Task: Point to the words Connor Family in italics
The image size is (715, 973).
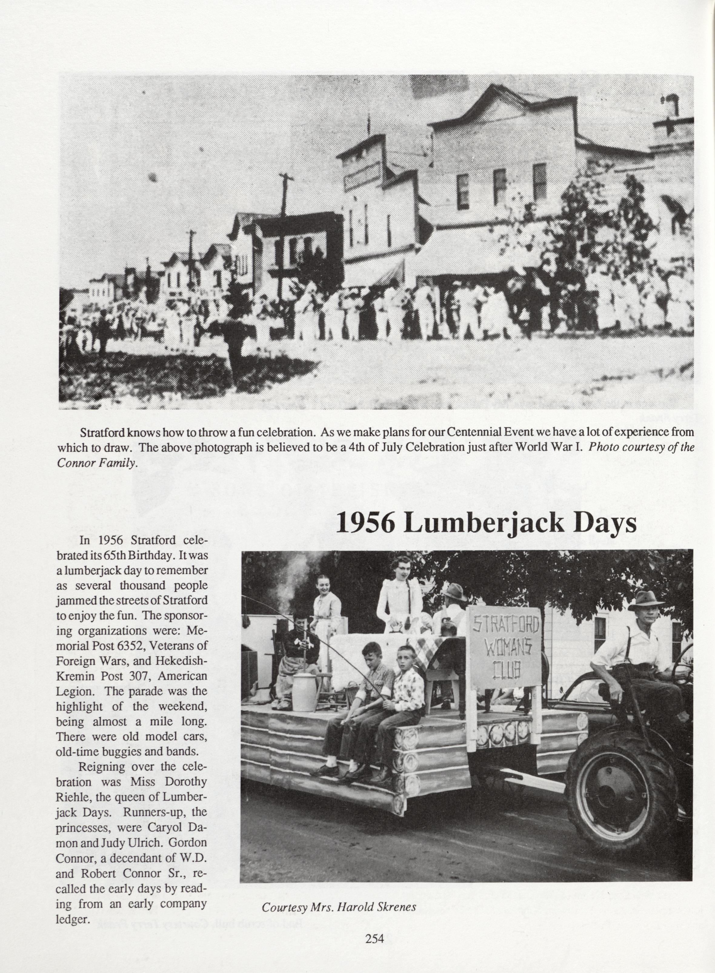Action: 97,463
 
